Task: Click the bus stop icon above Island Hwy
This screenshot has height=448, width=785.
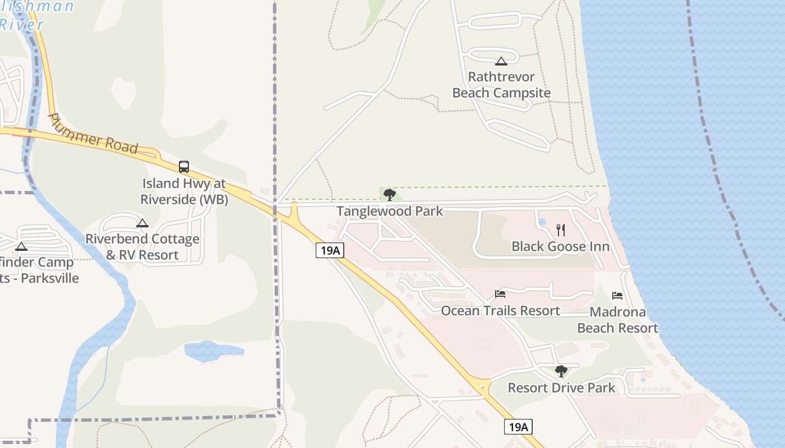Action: [x=184, y=166]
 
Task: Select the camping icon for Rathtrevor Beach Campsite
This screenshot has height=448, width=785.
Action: [x=501, y=61]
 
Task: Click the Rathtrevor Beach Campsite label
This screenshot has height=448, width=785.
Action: [x=501, y=85]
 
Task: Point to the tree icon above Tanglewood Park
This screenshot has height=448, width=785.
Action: [x=389, y=195]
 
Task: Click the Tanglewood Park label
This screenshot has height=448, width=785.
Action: [x=389, y=211]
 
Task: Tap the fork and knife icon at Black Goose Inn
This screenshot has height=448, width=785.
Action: [x=560, y=230]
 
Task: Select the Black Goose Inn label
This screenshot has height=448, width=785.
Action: [x=560, y=246]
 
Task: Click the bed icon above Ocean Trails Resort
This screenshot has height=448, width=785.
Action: [x=500, y=294]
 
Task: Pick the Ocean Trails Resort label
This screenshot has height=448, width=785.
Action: [x=500, y=311]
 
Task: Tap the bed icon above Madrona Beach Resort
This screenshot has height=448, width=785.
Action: [x=617, y=296]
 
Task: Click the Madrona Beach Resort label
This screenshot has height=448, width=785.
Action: [x=617, y=320]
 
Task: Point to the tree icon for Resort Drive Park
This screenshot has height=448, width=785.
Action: [x=561, y=371]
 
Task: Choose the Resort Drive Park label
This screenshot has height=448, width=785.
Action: [x=561, y=388]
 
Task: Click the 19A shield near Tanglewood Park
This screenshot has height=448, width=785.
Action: [x=329, y=250]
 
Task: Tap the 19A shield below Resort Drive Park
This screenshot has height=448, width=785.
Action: [x=518, y=427]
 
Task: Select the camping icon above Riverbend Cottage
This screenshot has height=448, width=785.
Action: [x=142, y=223]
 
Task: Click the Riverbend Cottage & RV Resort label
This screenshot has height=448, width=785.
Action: [x=142, y=247]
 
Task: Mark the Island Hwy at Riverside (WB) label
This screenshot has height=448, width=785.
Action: [x=184, y=191]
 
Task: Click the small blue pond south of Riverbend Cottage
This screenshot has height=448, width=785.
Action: [x=214, y=351]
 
